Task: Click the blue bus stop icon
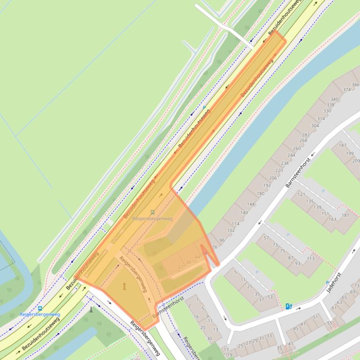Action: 40,309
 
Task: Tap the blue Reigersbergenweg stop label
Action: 40,315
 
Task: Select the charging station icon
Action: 289,307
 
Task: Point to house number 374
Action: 347,90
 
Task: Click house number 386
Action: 356,85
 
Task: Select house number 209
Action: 356,161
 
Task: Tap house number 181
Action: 345,216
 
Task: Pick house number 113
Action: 310,259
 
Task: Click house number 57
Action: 266,238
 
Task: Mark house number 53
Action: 270,297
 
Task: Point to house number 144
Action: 251,204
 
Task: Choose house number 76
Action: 215,246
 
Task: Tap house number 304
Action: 315,126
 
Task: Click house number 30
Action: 209,338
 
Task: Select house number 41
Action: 290,344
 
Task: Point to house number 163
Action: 332,219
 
